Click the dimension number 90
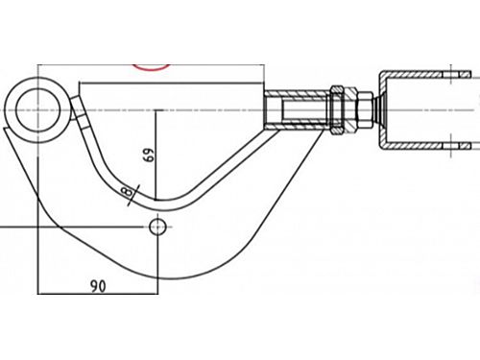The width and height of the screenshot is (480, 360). [x=98, y=286]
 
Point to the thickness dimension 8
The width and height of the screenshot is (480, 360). [x=127, y=192]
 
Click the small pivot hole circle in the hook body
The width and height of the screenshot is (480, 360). [x=157, y=227]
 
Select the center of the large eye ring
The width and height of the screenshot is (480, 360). [x=37, y=109]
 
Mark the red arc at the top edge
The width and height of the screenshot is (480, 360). [x=152, y=67]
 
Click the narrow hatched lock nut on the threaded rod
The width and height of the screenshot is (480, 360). [x=336, y=109]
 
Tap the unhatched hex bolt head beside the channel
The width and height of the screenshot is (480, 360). [x=364, y=109]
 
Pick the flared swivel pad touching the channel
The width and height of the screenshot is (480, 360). [x=379, y=109]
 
